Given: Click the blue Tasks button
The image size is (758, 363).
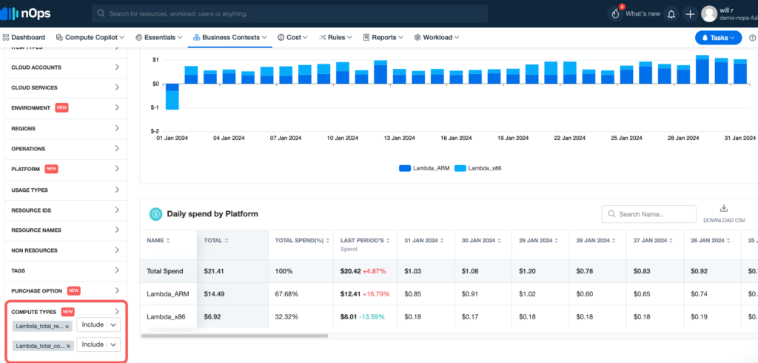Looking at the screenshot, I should point(717,37).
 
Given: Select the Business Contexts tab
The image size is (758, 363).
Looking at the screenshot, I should point(229,37).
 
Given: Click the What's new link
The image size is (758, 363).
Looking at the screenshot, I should point(642,13).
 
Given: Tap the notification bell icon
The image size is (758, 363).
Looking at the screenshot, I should point(671,14).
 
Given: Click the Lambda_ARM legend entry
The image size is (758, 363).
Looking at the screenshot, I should point(426,168).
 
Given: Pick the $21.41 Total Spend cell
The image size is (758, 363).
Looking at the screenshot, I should point(215,271).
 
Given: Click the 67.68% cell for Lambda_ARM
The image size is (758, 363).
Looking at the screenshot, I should point(286,294).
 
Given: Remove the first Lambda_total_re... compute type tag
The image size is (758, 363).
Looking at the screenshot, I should point(67,326).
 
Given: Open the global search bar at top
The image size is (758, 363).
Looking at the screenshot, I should point(289,14).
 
